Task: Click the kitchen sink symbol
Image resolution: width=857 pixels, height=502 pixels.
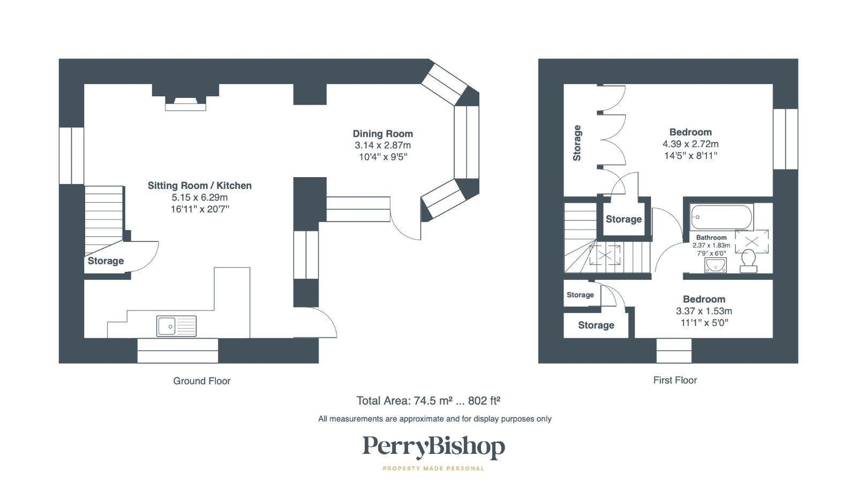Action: [x=176, y=326]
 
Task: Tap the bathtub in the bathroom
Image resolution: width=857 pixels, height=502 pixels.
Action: [x=721, y=217]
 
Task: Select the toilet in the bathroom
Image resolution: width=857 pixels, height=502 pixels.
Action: [x=748, y=260]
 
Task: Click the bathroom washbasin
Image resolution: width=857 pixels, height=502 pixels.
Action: [x=716, y=265]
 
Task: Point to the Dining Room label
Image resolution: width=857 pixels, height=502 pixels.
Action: [x=382, y=134]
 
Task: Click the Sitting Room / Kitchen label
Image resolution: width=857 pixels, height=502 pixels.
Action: [x=199, y=186]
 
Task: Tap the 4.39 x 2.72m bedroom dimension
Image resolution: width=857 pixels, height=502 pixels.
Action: [x=690, y=144]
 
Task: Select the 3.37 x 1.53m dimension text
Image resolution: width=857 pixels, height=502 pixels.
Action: [x=704, y=311]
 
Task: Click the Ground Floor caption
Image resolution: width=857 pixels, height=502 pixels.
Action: [x=201, y=381]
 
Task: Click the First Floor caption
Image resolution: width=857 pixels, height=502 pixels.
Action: [x=675, y=380]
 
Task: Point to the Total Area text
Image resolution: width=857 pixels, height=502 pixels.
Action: [x=428, y=401]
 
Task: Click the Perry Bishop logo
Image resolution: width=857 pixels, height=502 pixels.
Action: [x=433, y=447]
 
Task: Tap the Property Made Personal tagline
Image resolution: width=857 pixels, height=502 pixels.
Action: [x=433, y=469]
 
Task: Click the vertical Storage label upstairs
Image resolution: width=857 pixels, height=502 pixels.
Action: [x=577, y=143]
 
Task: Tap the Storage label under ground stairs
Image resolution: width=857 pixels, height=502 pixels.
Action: [x=106, y=261]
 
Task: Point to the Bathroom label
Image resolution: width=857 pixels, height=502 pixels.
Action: [x=711, y=238]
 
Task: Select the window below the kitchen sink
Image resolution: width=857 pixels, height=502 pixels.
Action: [x=177, y=351]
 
